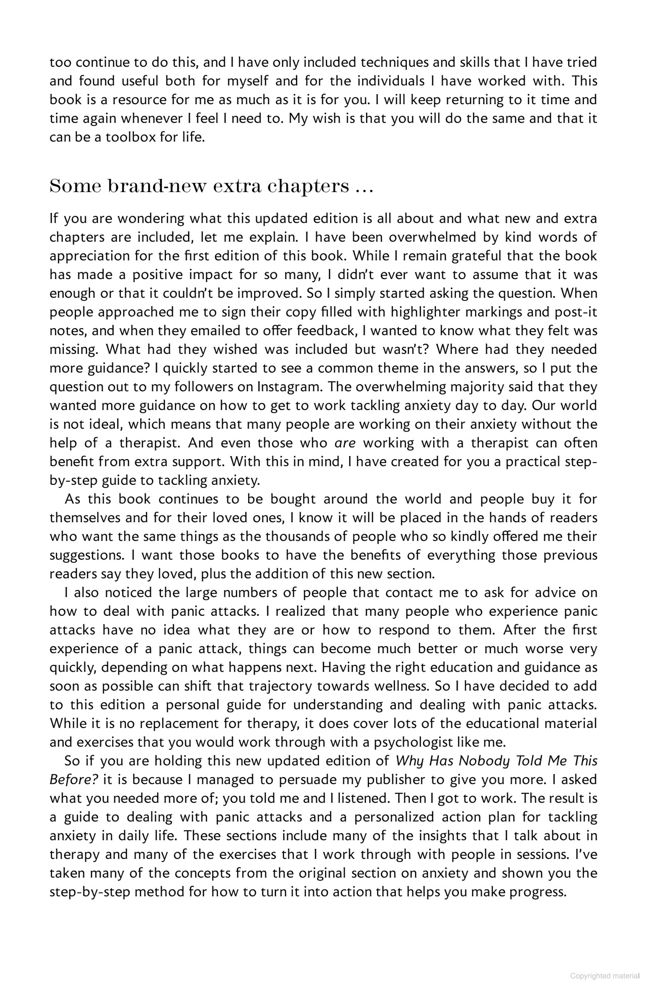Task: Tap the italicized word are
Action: (345, 443)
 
